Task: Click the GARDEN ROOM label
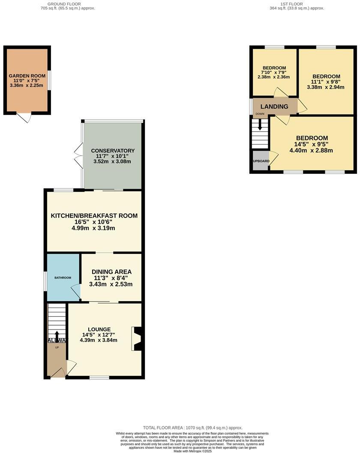[27, 76]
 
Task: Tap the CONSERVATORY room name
[113, 151]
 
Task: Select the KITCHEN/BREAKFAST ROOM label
[94, 216]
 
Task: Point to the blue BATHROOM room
[63, 278]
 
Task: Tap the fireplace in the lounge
[138, 339]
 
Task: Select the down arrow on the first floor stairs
[260, 125]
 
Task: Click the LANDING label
[275, 106]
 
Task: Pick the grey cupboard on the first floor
[261, 161]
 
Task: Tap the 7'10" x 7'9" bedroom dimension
[274, 72]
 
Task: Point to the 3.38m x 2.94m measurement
[326, 87]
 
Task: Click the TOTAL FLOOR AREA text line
[192, 428]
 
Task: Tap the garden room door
[27, 117]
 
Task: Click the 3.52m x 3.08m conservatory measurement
[113, 162]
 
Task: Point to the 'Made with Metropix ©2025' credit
[192, 451]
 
